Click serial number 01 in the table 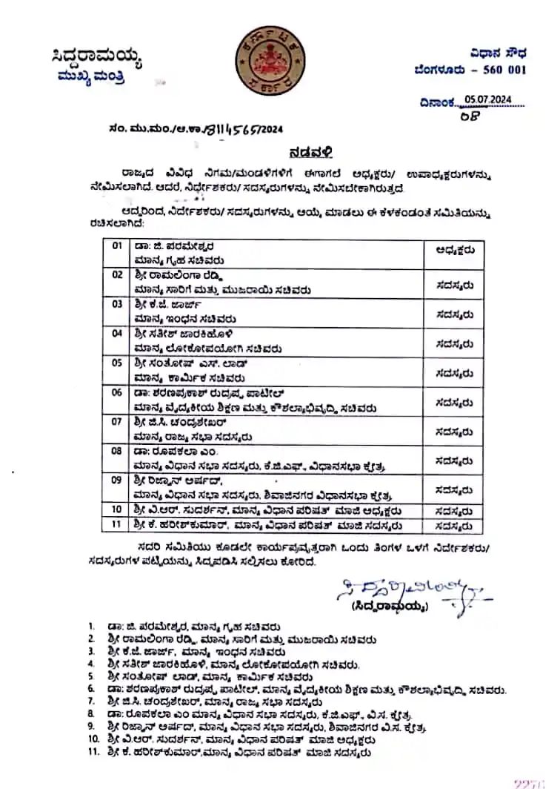click(x=116, y=245)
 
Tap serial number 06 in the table click(x=116, y=392)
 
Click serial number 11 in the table click(x=116, y=524)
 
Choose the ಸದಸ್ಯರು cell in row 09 click(x=455, y=489)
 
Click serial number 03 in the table click(x=116, y=304)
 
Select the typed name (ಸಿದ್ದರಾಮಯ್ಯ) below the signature click(x=392, y=606)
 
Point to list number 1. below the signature click(x=91, y=626)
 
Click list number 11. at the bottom click(x=93, y=752)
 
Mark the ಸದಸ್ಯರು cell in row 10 click(x=455, y=510)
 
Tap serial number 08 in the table click(x=116, y=450)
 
